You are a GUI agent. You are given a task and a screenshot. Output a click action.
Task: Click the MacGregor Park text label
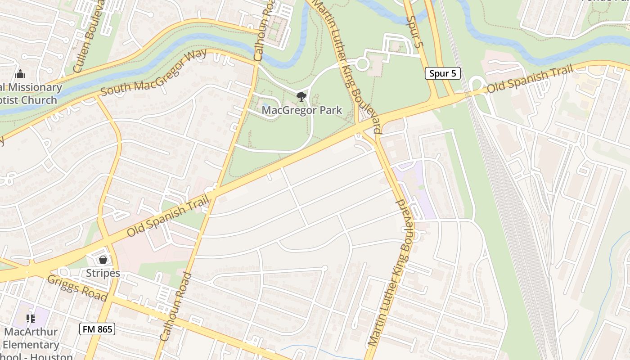[301, 110]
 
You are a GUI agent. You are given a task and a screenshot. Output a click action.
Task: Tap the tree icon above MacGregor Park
[301, 96]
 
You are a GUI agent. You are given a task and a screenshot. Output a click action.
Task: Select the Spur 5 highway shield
[443, 73]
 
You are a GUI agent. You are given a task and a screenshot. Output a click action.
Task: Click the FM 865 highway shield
[98, 329]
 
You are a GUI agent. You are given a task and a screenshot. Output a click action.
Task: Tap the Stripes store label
[103, 273]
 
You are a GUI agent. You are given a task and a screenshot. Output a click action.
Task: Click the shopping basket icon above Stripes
[103, 260]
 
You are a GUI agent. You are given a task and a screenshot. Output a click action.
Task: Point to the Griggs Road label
[77, 288]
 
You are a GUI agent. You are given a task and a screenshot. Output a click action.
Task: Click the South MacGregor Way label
[153, 72]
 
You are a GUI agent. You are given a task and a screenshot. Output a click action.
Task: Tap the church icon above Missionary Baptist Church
[20, 74]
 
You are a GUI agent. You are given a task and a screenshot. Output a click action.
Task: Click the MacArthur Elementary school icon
[31, 319]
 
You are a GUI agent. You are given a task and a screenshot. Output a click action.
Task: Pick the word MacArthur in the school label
[31, 332]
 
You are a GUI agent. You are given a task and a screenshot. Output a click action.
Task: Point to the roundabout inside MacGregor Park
[362, 64]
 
